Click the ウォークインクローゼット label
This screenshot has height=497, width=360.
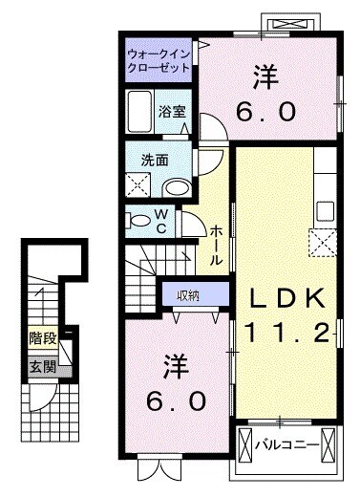point(159,60)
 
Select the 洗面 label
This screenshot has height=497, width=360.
point(157,160)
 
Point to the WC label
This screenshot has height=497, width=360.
point(162,222)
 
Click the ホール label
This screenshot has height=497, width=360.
point(216,245)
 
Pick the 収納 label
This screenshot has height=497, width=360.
point(188,294)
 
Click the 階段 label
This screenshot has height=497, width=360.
point(41,337)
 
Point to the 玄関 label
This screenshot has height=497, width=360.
point(41,366)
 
